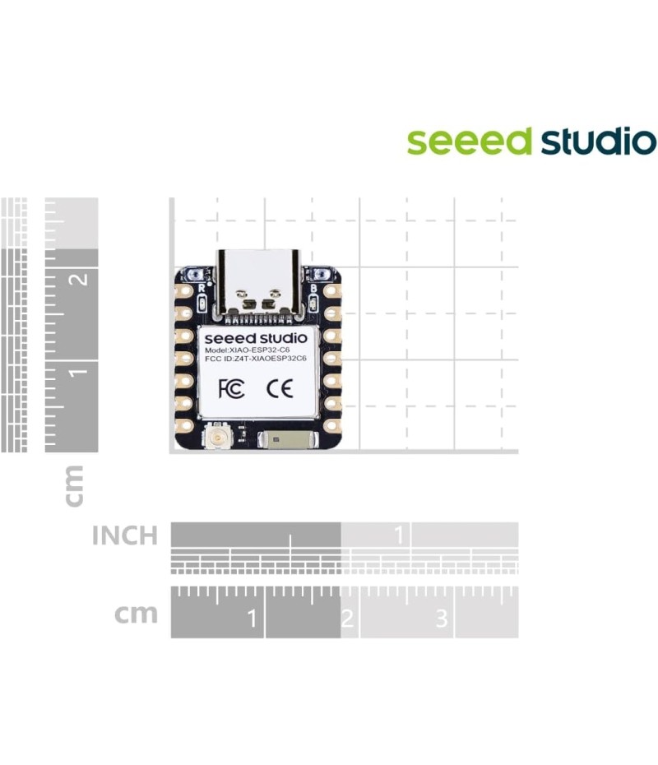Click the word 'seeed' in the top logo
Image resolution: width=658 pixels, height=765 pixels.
click(470, 141)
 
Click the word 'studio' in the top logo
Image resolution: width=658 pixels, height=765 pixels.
click(597, 141)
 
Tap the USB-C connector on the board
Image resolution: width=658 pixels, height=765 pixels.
click(257, 284)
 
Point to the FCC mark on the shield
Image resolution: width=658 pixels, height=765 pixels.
click(231, 388)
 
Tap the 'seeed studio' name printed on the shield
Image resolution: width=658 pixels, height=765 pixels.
click(256, 337)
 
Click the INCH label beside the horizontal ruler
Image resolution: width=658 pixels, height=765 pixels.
click(124, 536)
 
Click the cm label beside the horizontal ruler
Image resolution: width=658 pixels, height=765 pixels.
click(136, 614)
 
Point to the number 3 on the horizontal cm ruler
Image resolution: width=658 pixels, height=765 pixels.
click(442, 618)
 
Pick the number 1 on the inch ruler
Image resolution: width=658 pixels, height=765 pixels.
click(400, 536)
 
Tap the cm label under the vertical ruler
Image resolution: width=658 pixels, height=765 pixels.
click(74, 485)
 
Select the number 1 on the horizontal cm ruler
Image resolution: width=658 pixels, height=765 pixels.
click(252, 618)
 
